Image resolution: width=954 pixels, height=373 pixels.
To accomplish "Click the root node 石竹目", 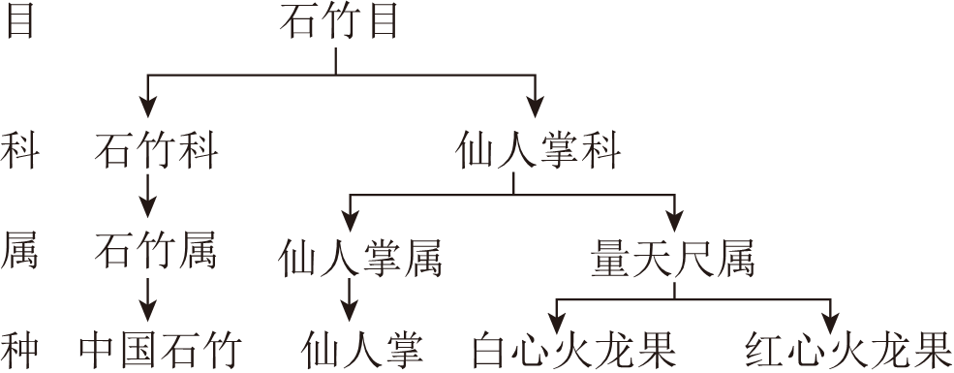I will (x=338, y=22).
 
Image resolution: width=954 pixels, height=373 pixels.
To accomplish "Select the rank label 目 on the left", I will (x=20, y=22).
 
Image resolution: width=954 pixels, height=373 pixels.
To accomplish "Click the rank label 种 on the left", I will (x=20, y=349).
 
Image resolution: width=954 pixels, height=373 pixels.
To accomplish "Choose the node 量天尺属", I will (x=672, y=258).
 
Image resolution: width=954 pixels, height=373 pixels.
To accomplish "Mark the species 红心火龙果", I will (x=848, y=350).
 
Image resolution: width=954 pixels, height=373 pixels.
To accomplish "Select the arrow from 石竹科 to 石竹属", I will (x=148, y=196).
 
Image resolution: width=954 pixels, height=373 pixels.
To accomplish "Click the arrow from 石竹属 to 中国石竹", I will (x=148, y=295).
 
